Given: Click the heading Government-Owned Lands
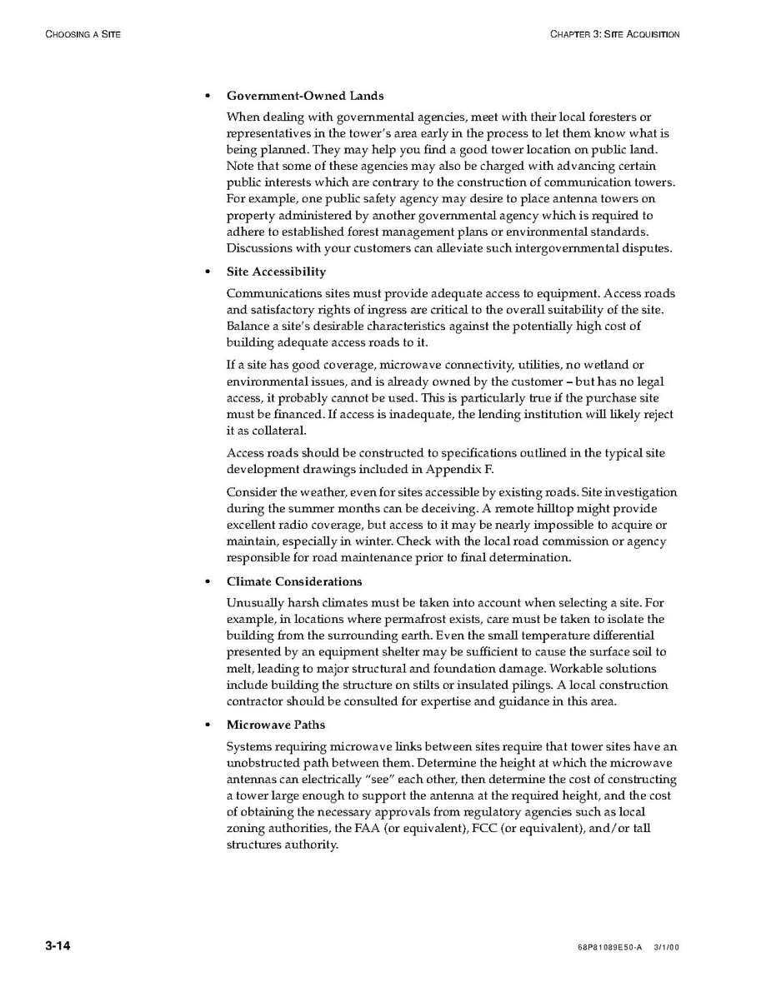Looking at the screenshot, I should point(305,96).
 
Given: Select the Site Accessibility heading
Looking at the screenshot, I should point(276,272).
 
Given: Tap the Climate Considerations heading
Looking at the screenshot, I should point(294,581).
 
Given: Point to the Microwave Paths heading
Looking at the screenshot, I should point(276,725).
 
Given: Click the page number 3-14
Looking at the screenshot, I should point(58,946).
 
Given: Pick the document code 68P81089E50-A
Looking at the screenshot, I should point(609,948).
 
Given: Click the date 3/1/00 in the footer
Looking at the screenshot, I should point(668,948).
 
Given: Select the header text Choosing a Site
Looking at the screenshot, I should point(83,34).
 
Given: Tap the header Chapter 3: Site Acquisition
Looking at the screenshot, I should point(615,34).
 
